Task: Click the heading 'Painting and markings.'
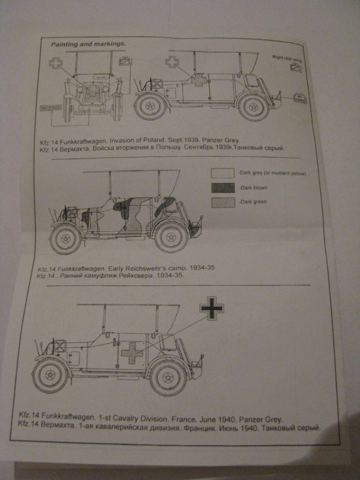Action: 88,44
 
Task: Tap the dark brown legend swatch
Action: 223,188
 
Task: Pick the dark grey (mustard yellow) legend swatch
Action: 223,173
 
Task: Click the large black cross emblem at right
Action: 212,308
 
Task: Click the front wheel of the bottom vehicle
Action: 51,374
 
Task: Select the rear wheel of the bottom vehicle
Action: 168,376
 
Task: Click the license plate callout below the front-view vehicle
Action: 49,107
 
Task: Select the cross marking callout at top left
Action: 56,64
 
